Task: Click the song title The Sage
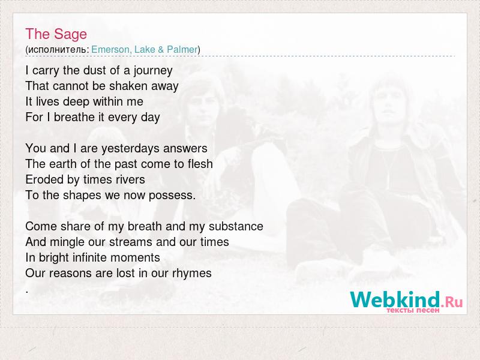tap(56, 34)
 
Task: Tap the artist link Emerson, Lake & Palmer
tap(145, 49)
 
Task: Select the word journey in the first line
tap(153, 71)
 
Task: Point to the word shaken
tap(124, 86)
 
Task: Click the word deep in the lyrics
tap(76, 102)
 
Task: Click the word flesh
tap(200, 164)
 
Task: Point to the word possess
tap(171, 196)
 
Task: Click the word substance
tap(236, 226)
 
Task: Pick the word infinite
tap(88, 258)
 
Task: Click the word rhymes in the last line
tap(191, 274)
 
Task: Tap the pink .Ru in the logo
tap(452, 302)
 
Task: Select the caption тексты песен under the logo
tap(413, 310)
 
